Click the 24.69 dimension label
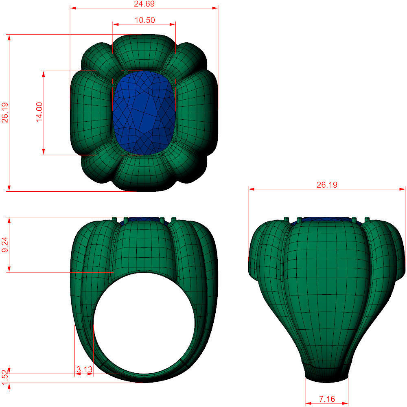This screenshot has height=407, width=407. coord(144,4)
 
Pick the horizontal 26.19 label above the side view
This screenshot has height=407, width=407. coord(327,185)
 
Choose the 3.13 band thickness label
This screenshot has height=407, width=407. coord(84,370)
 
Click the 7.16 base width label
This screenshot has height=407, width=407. coord(327,399)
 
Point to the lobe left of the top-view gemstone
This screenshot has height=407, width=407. coord(90,112)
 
